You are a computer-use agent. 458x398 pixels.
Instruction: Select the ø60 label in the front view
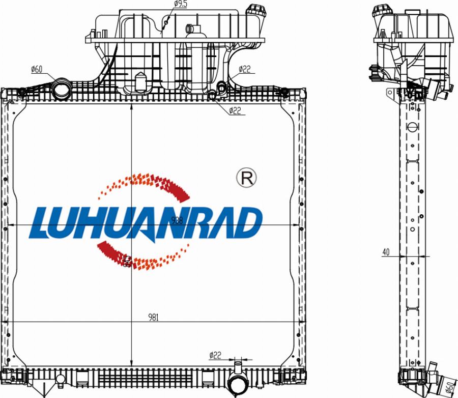(37, 69)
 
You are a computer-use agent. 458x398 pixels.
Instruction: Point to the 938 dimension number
(177, 220)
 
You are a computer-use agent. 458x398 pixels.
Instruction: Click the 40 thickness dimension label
(386, 251)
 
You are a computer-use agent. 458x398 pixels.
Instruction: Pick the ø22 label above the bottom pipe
(215, 355)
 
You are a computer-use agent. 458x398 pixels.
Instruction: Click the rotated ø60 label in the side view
(449, 386)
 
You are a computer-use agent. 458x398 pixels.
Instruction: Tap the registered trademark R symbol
(247, 177)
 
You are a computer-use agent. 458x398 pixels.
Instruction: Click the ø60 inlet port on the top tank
(63, 88)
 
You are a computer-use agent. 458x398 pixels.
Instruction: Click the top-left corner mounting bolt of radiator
(22, 92)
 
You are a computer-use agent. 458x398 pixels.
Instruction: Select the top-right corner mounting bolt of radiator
(284, 92)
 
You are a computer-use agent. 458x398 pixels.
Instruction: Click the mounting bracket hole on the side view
(390, 93)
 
